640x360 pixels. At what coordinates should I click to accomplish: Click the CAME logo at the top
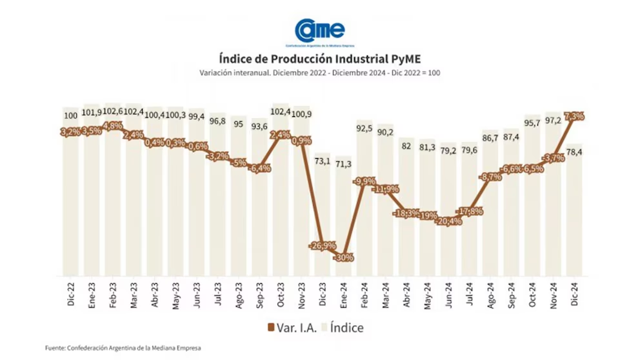point(319,30)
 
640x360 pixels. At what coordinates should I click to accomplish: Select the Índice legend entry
point(342,327)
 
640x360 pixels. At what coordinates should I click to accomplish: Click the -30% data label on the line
point(343,257)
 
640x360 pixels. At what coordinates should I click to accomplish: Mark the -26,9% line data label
point(323,246)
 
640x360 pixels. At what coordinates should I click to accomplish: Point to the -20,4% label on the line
point(448,221)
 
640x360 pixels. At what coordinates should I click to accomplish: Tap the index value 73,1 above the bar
point(322,161)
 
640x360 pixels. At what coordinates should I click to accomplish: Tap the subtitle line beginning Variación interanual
point(319,73)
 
